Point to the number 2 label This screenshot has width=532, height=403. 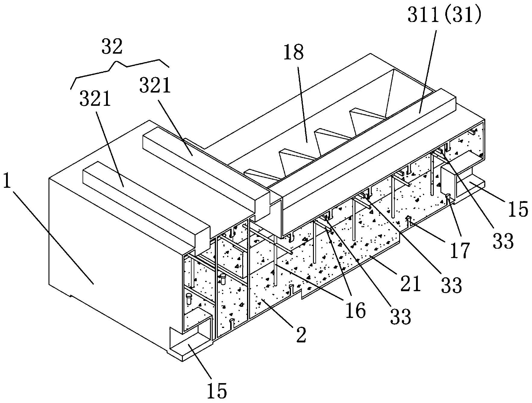[301, 335]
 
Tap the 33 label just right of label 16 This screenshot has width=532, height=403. [400, 316]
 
